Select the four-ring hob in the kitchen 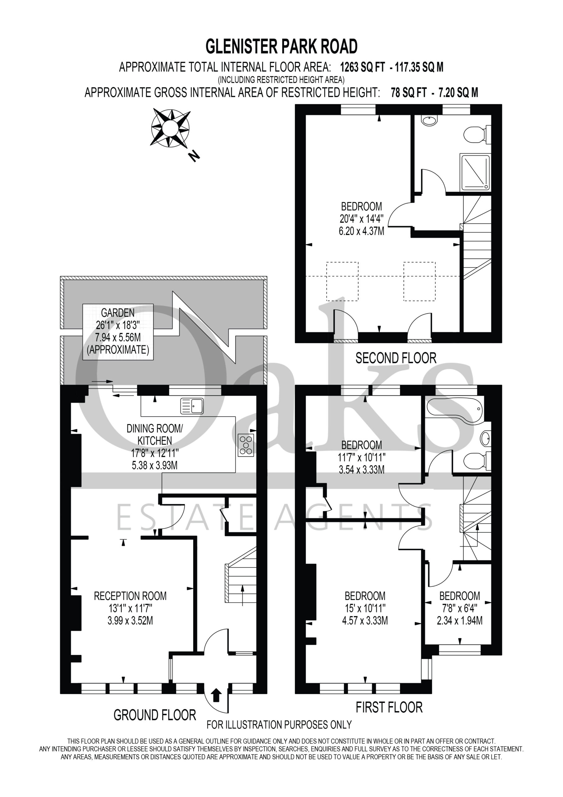pos(246,445)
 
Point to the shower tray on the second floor pos(476,172)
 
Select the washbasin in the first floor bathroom pos(486,438)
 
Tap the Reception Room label pos(130,596)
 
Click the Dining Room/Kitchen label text pos(154,434)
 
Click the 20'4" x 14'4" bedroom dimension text pos(361,218)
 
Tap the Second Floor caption pos(396,358)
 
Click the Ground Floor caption pos(155,715)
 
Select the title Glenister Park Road pos(282,46)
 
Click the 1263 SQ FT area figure pos(362,67)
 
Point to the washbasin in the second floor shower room pos(430,120)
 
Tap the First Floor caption pos(389,707)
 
